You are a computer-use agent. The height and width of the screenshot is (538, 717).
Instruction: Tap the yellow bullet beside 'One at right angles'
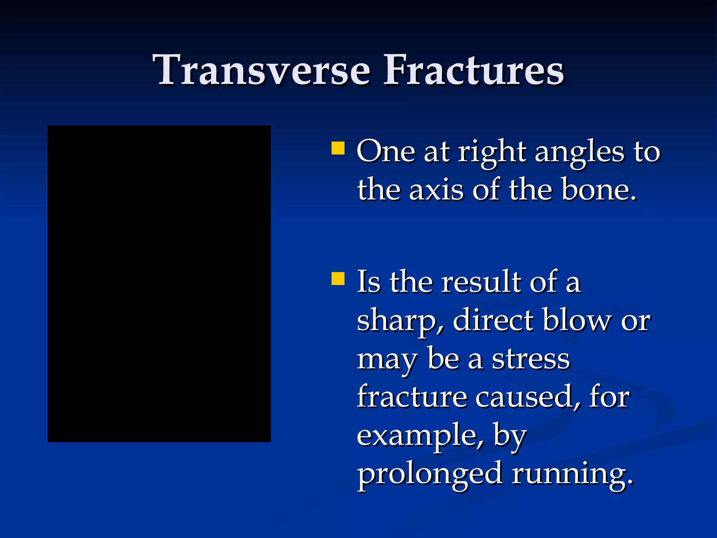click(338, 148)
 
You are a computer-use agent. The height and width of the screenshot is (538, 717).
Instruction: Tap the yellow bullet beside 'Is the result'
click(338, 279)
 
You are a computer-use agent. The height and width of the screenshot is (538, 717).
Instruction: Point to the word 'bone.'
click(599, 190)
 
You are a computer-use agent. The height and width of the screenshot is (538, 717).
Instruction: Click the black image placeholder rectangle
click(159, 284)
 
